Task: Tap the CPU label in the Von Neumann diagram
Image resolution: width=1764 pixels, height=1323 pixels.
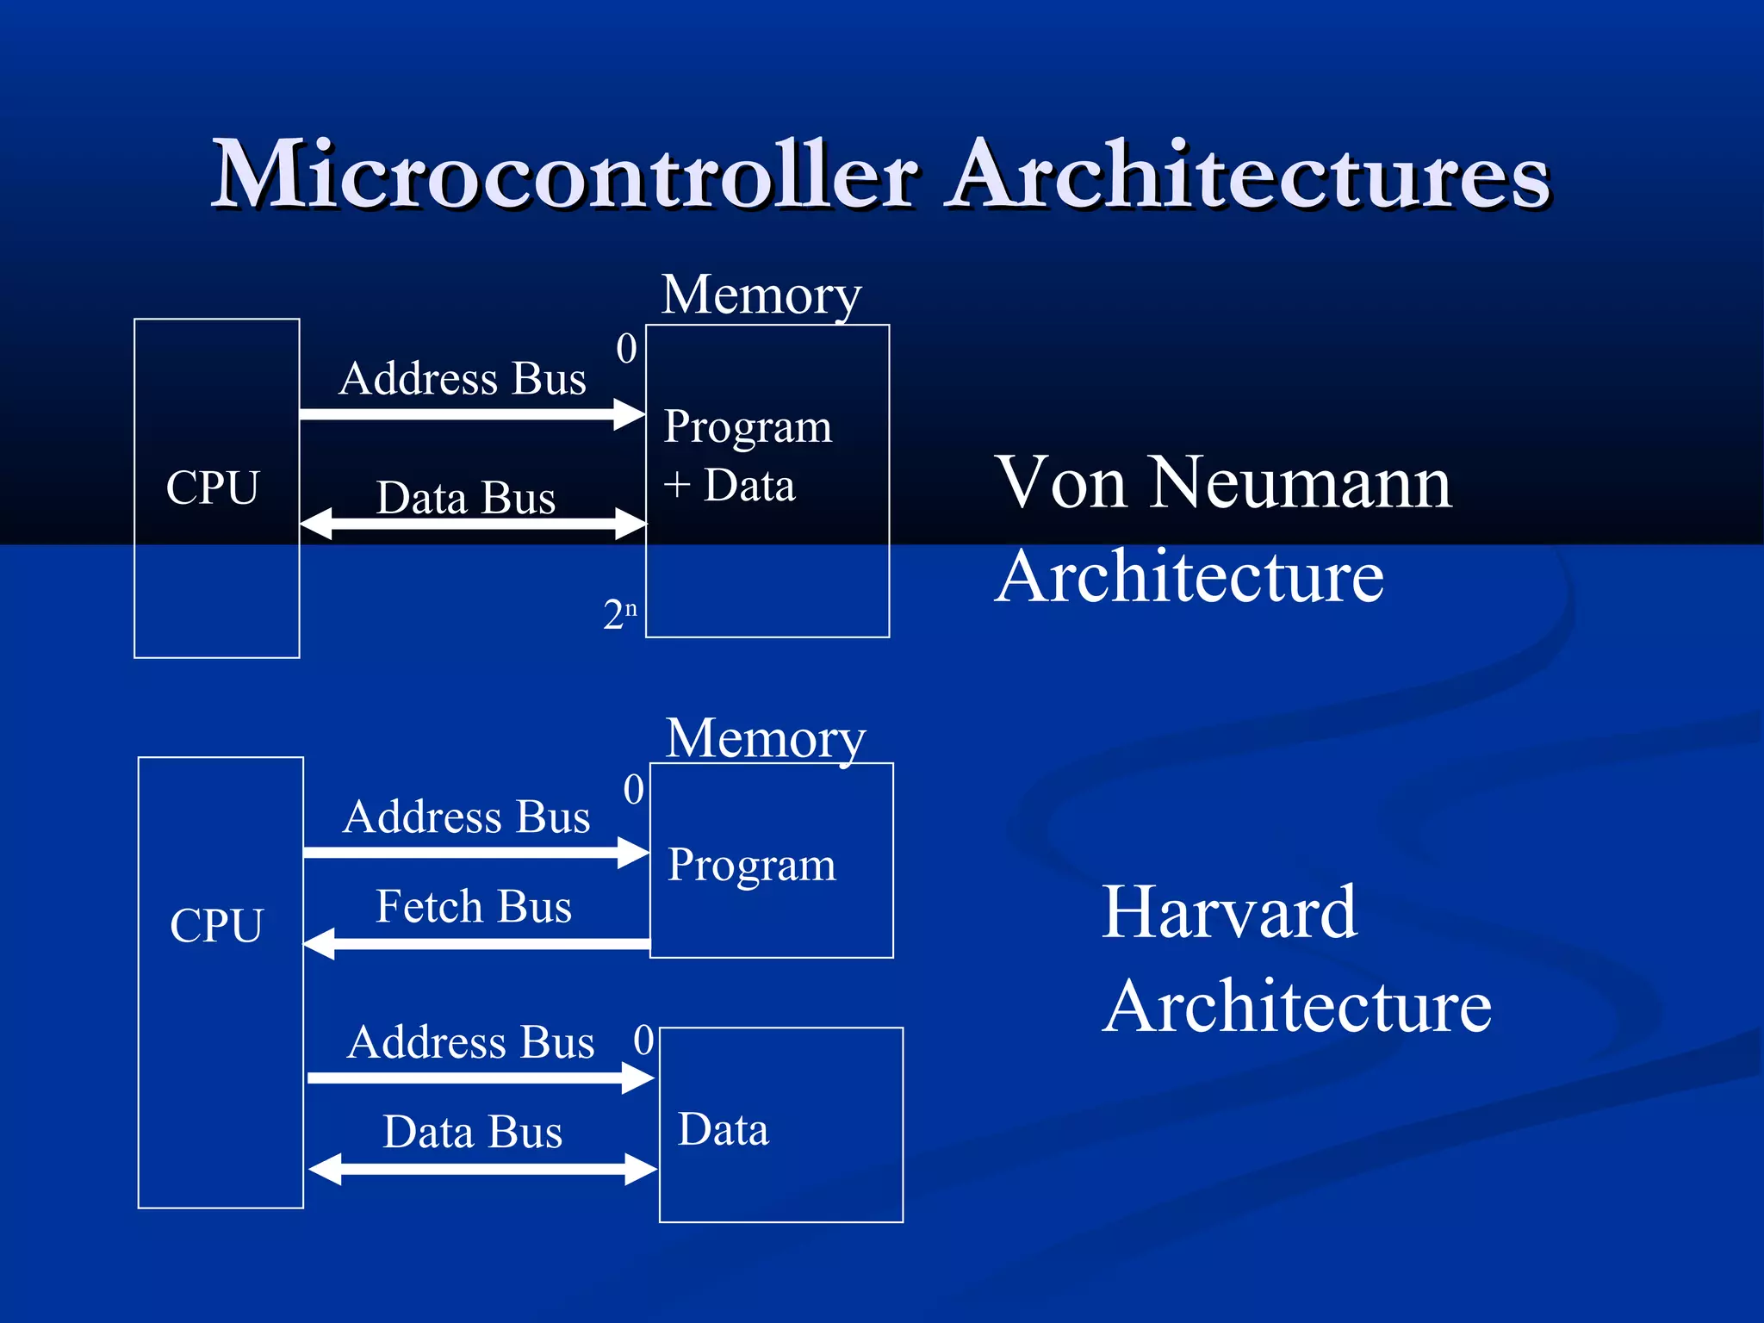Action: coord(212,488)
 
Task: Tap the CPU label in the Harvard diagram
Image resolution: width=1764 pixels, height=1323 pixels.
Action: coord(216,926)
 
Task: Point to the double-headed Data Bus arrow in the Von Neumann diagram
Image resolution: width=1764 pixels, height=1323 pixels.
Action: coord(473,524)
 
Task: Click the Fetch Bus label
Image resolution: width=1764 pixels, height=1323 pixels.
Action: coord(474,907)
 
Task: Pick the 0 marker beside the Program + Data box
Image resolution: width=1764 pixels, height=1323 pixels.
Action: coord(626,349)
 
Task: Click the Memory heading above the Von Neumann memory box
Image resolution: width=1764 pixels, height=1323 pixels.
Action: coord(761,295)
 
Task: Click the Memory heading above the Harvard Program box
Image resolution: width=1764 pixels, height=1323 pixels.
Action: coord(766,739)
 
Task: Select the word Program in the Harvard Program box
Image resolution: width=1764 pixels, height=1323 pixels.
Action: coord(751,865)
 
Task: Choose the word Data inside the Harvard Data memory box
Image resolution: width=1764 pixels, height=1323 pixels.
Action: coord(723,1129)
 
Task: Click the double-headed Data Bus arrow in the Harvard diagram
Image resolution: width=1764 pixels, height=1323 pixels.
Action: coord(482,1169)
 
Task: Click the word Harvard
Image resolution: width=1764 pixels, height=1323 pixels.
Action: coord(1229,912)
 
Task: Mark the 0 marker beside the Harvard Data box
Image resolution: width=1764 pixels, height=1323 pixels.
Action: coord(643,1040)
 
